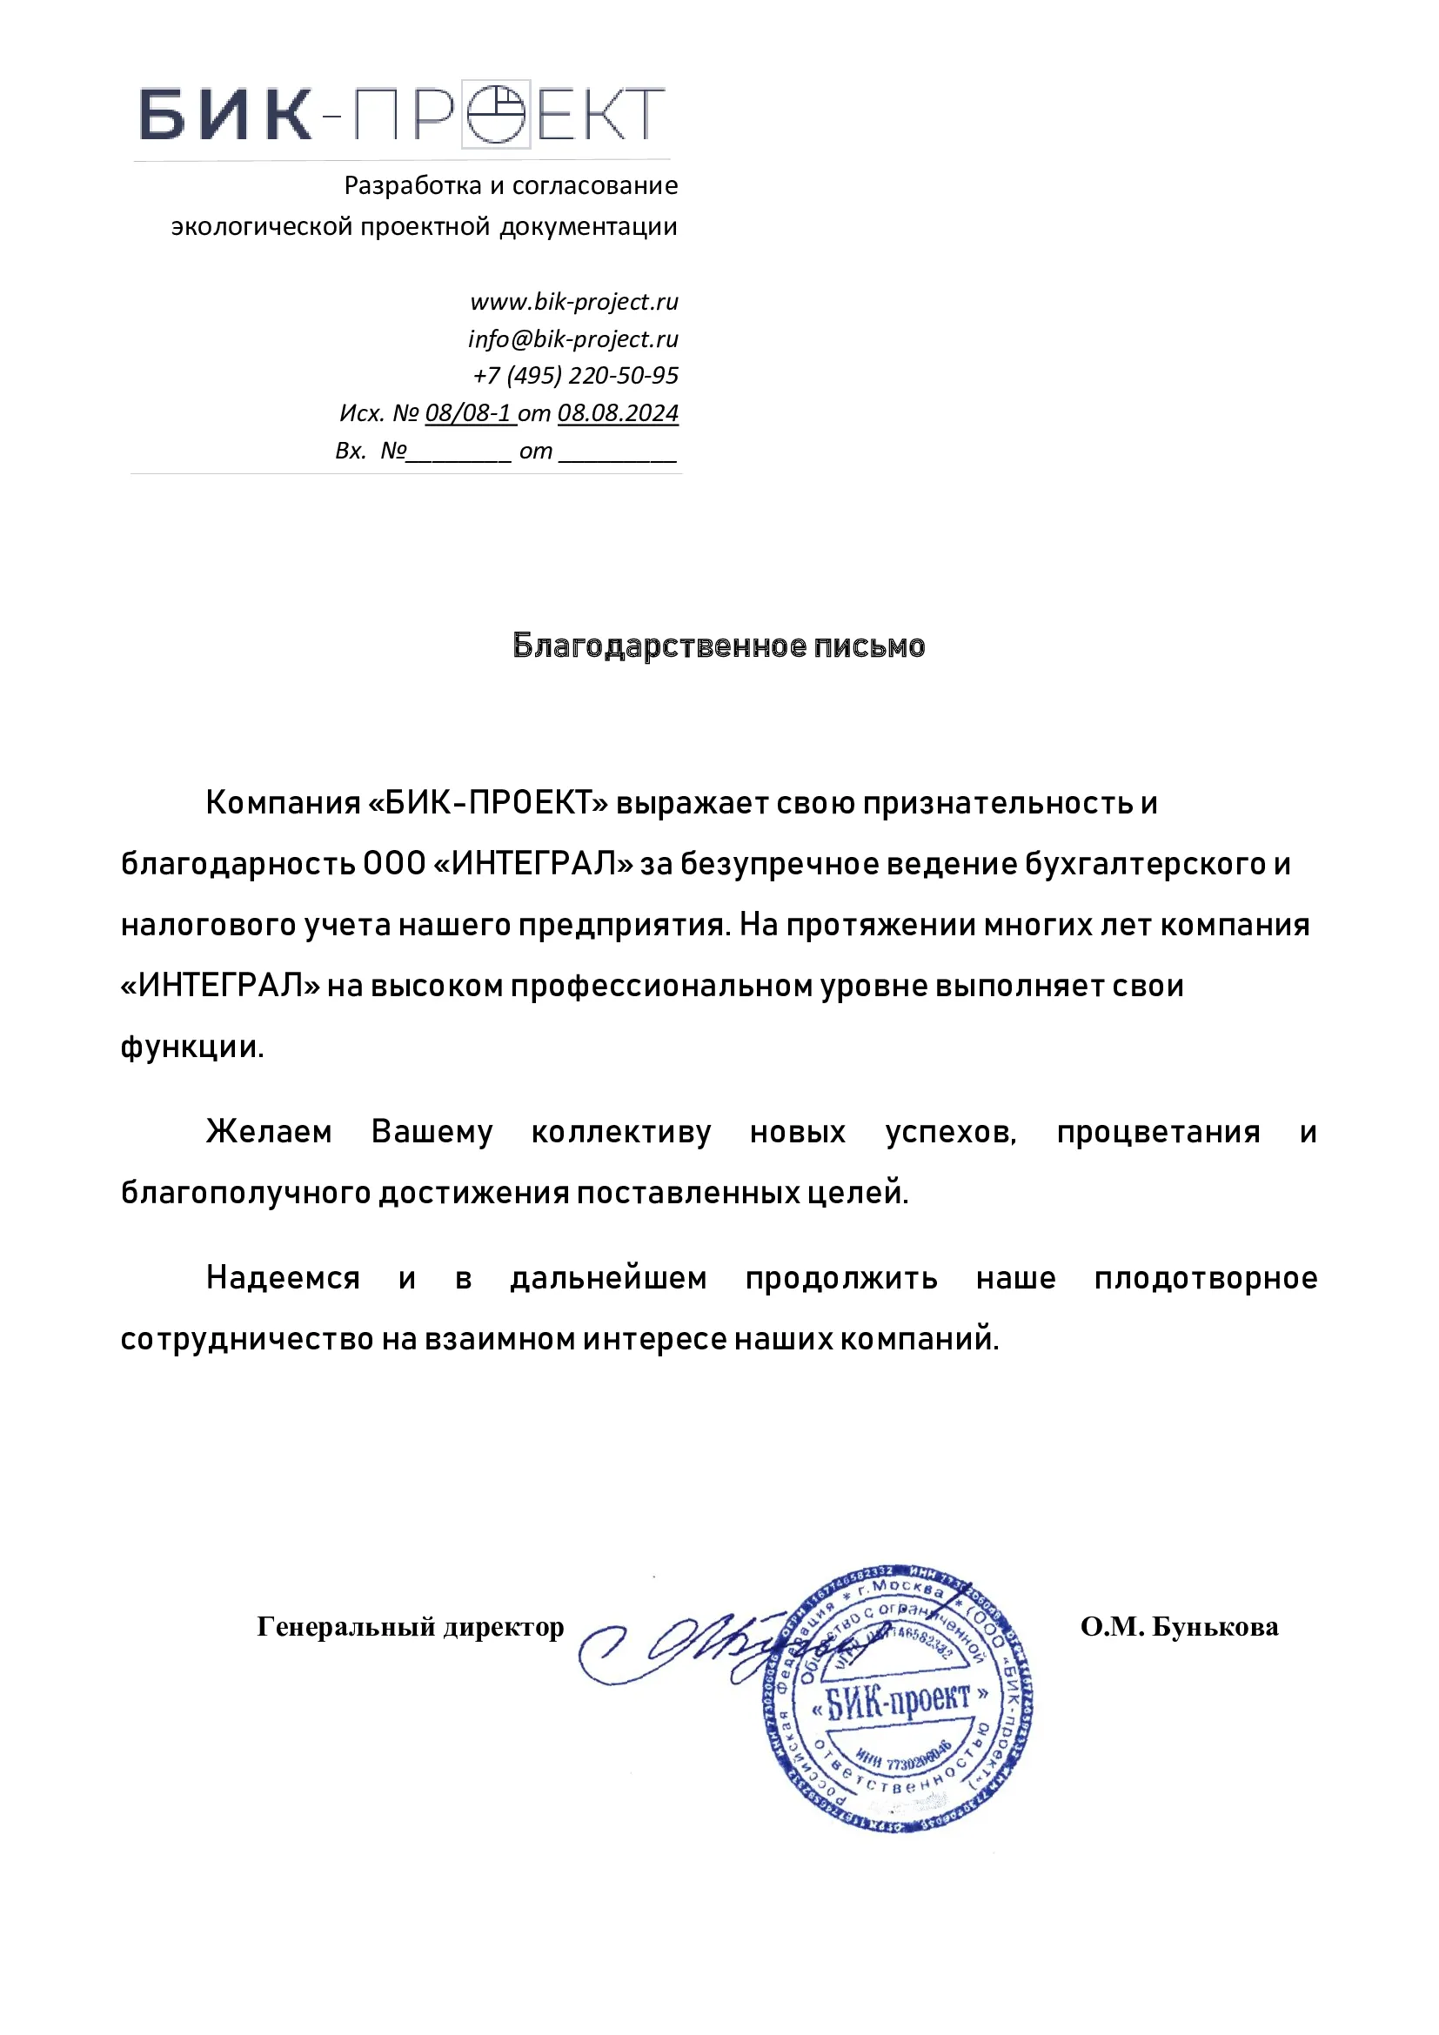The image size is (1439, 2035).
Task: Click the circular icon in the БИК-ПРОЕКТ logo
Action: pos(495,113)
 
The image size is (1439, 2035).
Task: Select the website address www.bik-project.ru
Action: pos(574,302)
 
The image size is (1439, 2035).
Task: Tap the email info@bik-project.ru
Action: pos(573,339)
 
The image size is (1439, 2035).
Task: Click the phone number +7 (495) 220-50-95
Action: pos(576,376)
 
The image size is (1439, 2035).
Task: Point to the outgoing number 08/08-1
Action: pos(469,414)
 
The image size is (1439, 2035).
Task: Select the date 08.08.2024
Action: pos(618,414)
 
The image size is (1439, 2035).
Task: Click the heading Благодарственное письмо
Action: pos(719,646)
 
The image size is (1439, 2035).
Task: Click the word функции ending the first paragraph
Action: pos(191,1048)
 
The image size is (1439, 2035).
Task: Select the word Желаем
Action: pos(269,1133)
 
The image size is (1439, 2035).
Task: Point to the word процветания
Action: pos(1158,1133)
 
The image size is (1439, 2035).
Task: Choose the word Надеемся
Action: pos(283,1278)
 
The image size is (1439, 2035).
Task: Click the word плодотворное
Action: pos(1206,1278)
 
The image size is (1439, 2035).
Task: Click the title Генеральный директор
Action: pos(411,1627)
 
